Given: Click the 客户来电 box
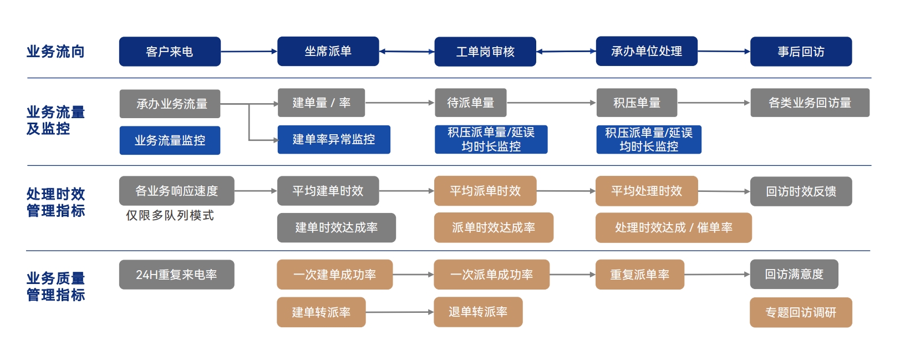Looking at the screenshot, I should (x=170, y=52).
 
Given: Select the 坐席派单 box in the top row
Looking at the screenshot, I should (x=328, y=52).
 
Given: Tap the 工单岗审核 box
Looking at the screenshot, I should (x=485, y=52).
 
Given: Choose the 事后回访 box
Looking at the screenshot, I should (x=801, y=52).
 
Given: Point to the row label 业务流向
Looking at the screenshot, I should (x=55, y=52).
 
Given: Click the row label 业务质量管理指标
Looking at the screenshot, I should (x=55, y=286).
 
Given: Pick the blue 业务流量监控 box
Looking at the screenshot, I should (x=170, y=140).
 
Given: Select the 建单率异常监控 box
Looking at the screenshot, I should (x=334, y=139).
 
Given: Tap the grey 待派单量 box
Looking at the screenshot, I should (x=470, y=103).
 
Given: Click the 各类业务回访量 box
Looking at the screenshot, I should (x=810, y=103).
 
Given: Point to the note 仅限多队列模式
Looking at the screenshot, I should (x=170, y=215).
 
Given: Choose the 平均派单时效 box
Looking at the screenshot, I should (x=485, y=191).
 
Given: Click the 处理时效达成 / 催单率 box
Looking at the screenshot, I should (x=673, y=227).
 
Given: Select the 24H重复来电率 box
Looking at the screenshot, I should (x=176, y=275).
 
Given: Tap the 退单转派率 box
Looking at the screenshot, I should (x=478, y=312).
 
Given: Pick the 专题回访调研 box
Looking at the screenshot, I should (x=801, y=312).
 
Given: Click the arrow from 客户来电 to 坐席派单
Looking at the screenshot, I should (x=249, y=52).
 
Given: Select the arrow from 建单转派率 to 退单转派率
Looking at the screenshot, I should (x=399, y=312).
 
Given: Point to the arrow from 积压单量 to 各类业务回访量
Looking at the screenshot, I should (x=714, y=103).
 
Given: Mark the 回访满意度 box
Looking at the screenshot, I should (x=794, y=274).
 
